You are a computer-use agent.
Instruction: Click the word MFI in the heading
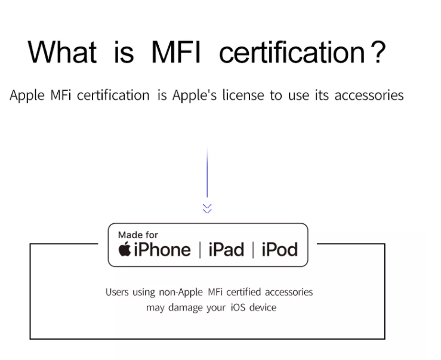pyautogui.click(x=176, y=53)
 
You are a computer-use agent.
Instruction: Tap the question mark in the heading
pyautogui.click(x=377, y=53)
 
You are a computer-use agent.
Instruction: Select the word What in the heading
pyautogui.click(x=63, y=53)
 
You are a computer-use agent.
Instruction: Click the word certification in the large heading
pyautogui.click(x=292, y=53)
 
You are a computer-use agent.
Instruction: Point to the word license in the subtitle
pyautogui.click(x=243, y=95)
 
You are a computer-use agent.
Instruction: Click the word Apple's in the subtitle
pyautogui.click(x=195, y=96)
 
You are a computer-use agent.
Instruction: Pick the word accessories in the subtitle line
pyautogui.click(x=369, y=96)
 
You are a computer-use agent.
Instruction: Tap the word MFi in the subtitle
pyautogui.click(x=60, y=95)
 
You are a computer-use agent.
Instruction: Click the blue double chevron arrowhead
pyautogui.click(x=207, y=208)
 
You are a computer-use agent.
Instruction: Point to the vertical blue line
pyautogui.click(x=207, y=173)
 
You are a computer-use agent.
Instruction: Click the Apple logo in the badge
pyautogui.click(x=125, y=249)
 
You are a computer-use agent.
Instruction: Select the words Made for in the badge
pyautogui.click(x=138, y=235)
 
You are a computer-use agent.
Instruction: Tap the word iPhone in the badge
pyautogui.click(x=162, y=250)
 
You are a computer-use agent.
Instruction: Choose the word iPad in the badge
pyautogui.click(x=226, y=250)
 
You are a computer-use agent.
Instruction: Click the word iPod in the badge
pyautogui.click(x=279, y=250)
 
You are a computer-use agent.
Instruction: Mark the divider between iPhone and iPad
pyautogui.click(x=200, y=250)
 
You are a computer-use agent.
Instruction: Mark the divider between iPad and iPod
pyautogui.click(x=253, y=250)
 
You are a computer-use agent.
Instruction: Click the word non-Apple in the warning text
pyautogui.click(x=181, y=293)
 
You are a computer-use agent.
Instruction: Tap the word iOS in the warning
pyautogui.click(x=238, y=307)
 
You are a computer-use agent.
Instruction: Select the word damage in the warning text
pyautogui.click(x=186, y=307)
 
